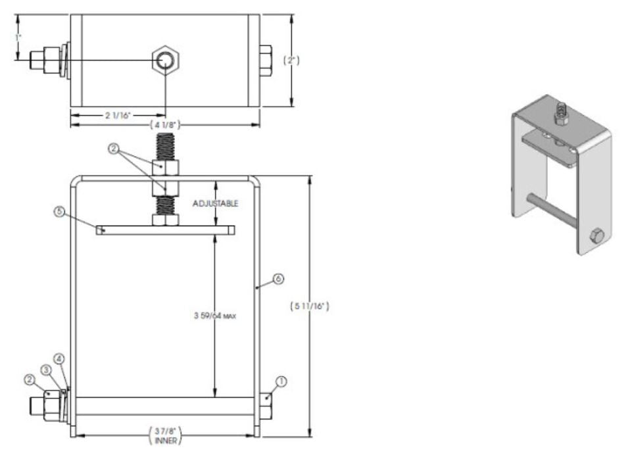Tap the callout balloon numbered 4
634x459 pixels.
[59, 359]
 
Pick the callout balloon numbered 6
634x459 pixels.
[278, 279]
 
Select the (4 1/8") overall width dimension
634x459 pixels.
[165, 124]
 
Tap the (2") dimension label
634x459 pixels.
[291, 60]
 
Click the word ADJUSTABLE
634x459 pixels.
[215, 204]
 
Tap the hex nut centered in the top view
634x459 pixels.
[165, 61]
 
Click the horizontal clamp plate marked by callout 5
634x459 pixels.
[165, 230]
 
